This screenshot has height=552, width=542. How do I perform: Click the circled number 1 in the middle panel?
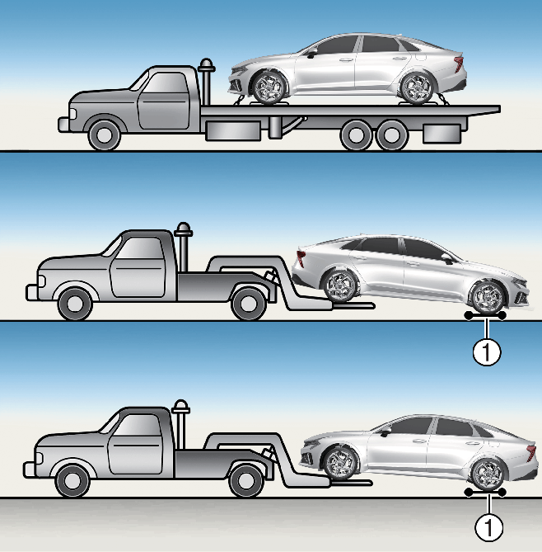487,351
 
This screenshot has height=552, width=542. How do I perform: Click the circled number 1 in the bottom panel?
488,527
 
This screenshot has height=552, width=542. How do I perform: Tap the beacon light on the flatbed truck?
206,66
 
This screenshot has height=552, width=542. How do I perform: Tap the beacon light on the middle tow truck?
183,229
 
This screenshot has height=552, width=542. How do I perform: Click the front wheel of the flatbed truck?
104,135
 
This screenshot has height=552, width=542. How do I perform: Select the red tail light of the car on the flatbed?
459,64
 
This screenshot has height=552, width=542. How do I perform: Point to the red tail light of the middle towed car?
301,257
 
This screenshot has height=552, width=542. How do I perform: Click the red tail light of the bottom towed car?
530,452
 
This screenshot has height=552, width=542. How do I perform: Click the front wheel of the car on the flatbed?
269,87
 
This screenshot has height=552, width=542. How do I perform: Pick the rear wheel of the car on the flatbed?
417,88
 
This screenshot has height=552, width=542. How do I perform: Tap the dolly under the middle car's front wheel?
485,316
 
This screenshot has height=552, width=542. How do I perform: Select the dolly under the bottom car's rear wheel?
485,492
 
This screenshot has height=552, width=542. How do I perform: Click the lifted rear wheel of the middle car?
340,285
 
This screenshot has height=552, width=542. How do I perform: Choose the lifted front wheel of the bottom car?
340,463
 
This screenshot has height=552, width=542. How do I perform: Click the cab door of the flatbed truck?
164,101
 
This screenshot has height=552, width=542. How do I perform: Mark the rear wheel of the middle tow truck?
248,304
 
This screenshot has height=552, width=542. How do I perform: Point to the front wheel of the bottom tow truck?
72,480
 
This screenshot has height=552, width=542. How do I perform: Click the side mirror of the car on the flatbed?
311,53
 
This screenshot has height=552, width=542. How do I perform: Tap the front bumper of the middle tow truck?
32,292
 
